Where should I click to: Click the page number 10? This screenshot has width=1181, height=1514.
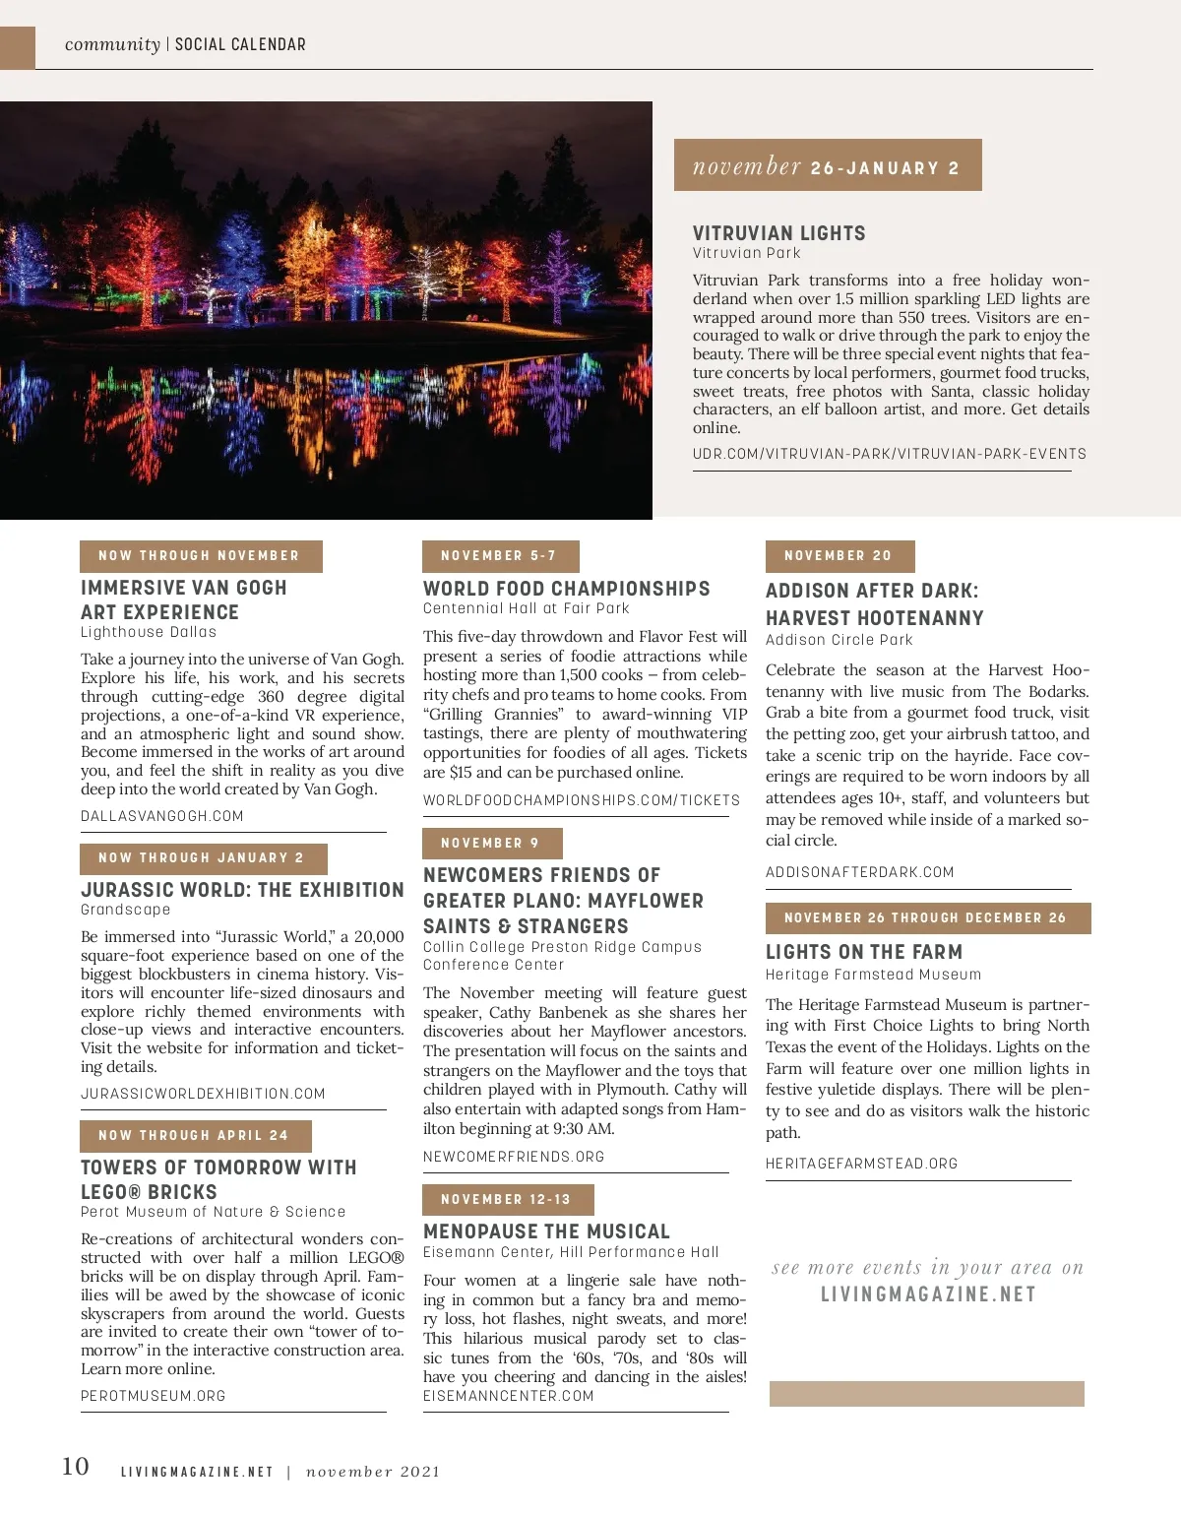(76, 1467)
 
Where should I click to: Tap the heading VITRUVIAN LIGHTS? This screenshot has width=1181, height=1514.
(778, 233)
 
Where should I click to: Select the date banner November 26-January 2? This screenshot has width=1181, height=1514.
(827, 166)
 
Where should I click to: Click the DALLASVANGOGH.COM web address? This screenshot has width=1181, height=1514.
(162, 816)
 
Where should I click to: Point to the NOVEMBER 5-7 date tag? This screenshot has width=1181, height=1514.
(499, 556)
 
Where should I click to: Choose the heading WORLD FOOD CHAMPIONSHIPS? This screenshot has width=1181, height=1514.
(566, 589)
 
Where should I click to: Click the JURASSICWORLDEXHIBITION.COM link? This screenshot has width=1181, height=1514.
(203, 1094)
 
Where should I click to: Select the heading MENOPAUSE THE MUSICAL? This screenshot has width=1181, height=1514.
(546, 1231)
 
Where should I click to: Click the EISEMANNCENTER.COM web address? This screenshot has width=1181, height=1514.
(509, 1396)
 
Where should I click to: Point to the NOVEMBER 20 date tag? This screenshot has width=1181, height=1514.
(839, 556)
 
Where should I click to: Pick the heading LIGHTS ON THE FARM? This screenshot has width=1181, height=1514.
(864, 952)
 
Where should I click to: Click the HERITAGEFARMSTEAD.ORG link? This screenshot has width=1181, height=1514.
(861, 1164)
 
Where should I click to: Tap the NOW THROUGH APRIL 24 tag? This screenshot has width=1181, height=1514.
(194, 1136)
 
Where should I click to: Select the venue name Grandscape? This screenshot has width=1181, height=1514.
(126, 910)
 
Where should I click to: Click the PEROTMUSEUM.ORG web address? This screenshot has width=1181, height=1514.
(154, 1396)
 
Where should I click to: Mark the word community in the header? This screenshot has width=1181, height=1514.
(112, 44)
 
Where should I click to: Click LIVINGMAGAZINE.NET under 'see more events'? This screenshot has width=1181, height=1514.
(928, 1294)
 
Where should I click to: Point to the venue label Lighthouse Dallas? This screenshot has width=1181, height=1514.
(149, 632)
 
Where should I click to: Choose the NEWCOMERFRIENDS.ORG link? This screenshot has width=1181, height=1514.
(514, 1157)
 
